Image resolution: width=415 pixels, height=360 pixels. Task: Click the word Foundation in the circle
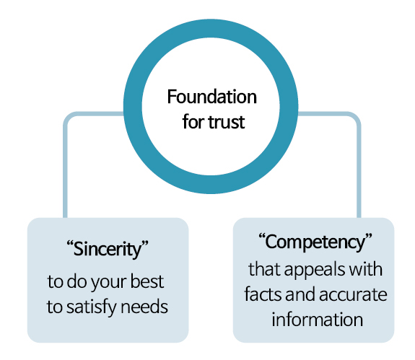pos(211,97)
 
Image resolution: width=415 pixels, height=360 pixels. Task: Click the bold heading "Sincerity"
pos(108,249)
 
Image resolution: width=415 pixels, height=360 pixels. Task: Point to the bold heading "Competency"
pos(315,242)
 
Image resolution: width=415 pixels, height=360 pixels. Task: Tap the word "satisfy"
pos(92,307)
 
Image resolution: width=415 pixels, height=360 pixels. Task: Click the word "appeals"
pos(315,270)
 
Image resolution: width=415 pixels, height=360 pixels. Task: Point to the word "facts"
pos(263,294)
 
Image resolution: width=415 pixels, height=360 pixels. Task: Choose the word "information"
pos(317,320)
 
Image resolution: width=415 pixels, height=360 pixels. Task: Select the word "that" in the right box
pos(264,269)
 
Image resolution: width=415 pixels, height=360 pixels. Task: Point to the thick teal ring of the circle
pos(211,29)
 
